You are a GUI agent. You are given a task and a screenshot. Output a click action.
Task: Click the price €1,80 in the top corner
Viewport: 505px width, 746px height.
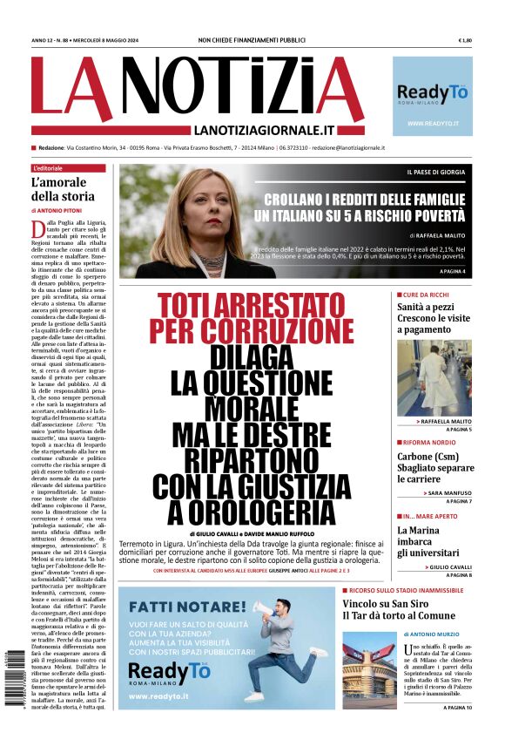464,40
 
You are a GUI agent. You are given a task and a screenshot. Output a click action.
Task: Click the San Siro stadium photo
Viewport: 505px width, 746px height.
369,669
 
